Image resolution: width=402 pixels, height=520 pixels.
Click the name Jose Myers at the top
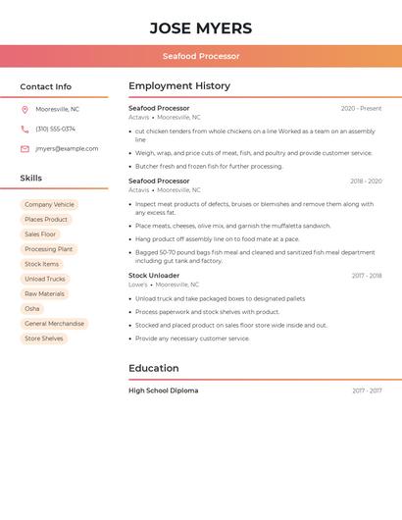pyautogui.click(x=201, y=27)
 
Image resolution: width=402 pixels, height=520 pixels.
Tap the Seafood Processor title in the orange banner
pyautogui.click(x=201, y=56)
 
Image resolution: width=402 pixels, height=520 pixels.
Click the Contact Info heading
pyautogui.click(x=46, y=86)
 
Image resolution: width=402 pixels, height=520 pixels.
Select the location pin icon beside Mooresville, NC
pyautogui.click(x=25, y=109)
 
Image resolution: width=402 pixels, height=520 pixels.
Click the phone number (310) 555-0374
pyautogui.click(x=55, y=129)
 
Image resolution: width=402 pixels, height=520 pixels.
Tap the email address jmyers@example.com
pyautogui.click(x=67, y=148)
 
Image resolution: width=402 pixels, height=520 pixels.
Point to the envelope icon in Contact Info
pyautogui.click(x=25, y=148)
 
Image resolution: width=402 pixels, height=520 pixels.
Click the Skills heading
pyautogui.click(x=31, y=178)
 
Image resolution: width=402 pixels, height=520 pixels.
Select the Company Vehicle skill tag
pyautogui.click(x=49, y=205)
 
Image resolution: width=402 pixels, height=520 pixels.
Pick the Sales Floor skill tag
pyautogui.click(x=40, y=234)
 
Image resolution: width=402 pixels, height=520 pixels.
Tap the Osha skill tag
pyautogui.click(x=32, y=308)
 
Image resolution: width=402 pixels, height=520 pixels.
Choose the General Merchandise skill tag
pyautogui.click(x=54, y=324)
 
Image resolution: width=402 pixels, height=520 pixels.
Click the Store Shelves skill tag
pyautogui.click(x=44, y=338)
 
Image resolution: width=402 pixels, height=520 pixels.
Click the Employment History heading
pyautogui.click(x=179, y=86)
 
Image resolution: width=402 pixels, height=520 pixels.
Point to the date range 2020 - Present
pyautogui.click(x=361, y=109)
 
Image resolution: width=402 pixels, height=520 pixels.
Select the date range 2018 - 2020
pyautogui.click(x=366, y=182)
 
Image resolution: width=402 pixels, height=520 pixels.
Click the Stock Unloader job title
pyautogui.click(x=154, y=276)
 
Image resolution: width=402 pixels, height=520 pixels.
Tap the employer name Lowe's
pyautogui.click(x=138, y=285)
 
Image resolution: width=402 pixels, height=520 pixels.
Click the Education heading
pyautogui.click(x=154, y=368)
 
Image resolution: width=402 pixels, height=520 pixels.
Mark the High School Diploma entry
pyautogui.click(x=163, y=390)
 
